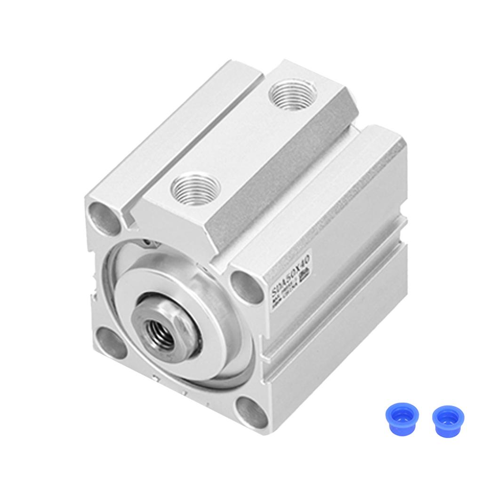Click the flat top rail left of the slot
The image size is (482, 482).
(174, 132)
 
